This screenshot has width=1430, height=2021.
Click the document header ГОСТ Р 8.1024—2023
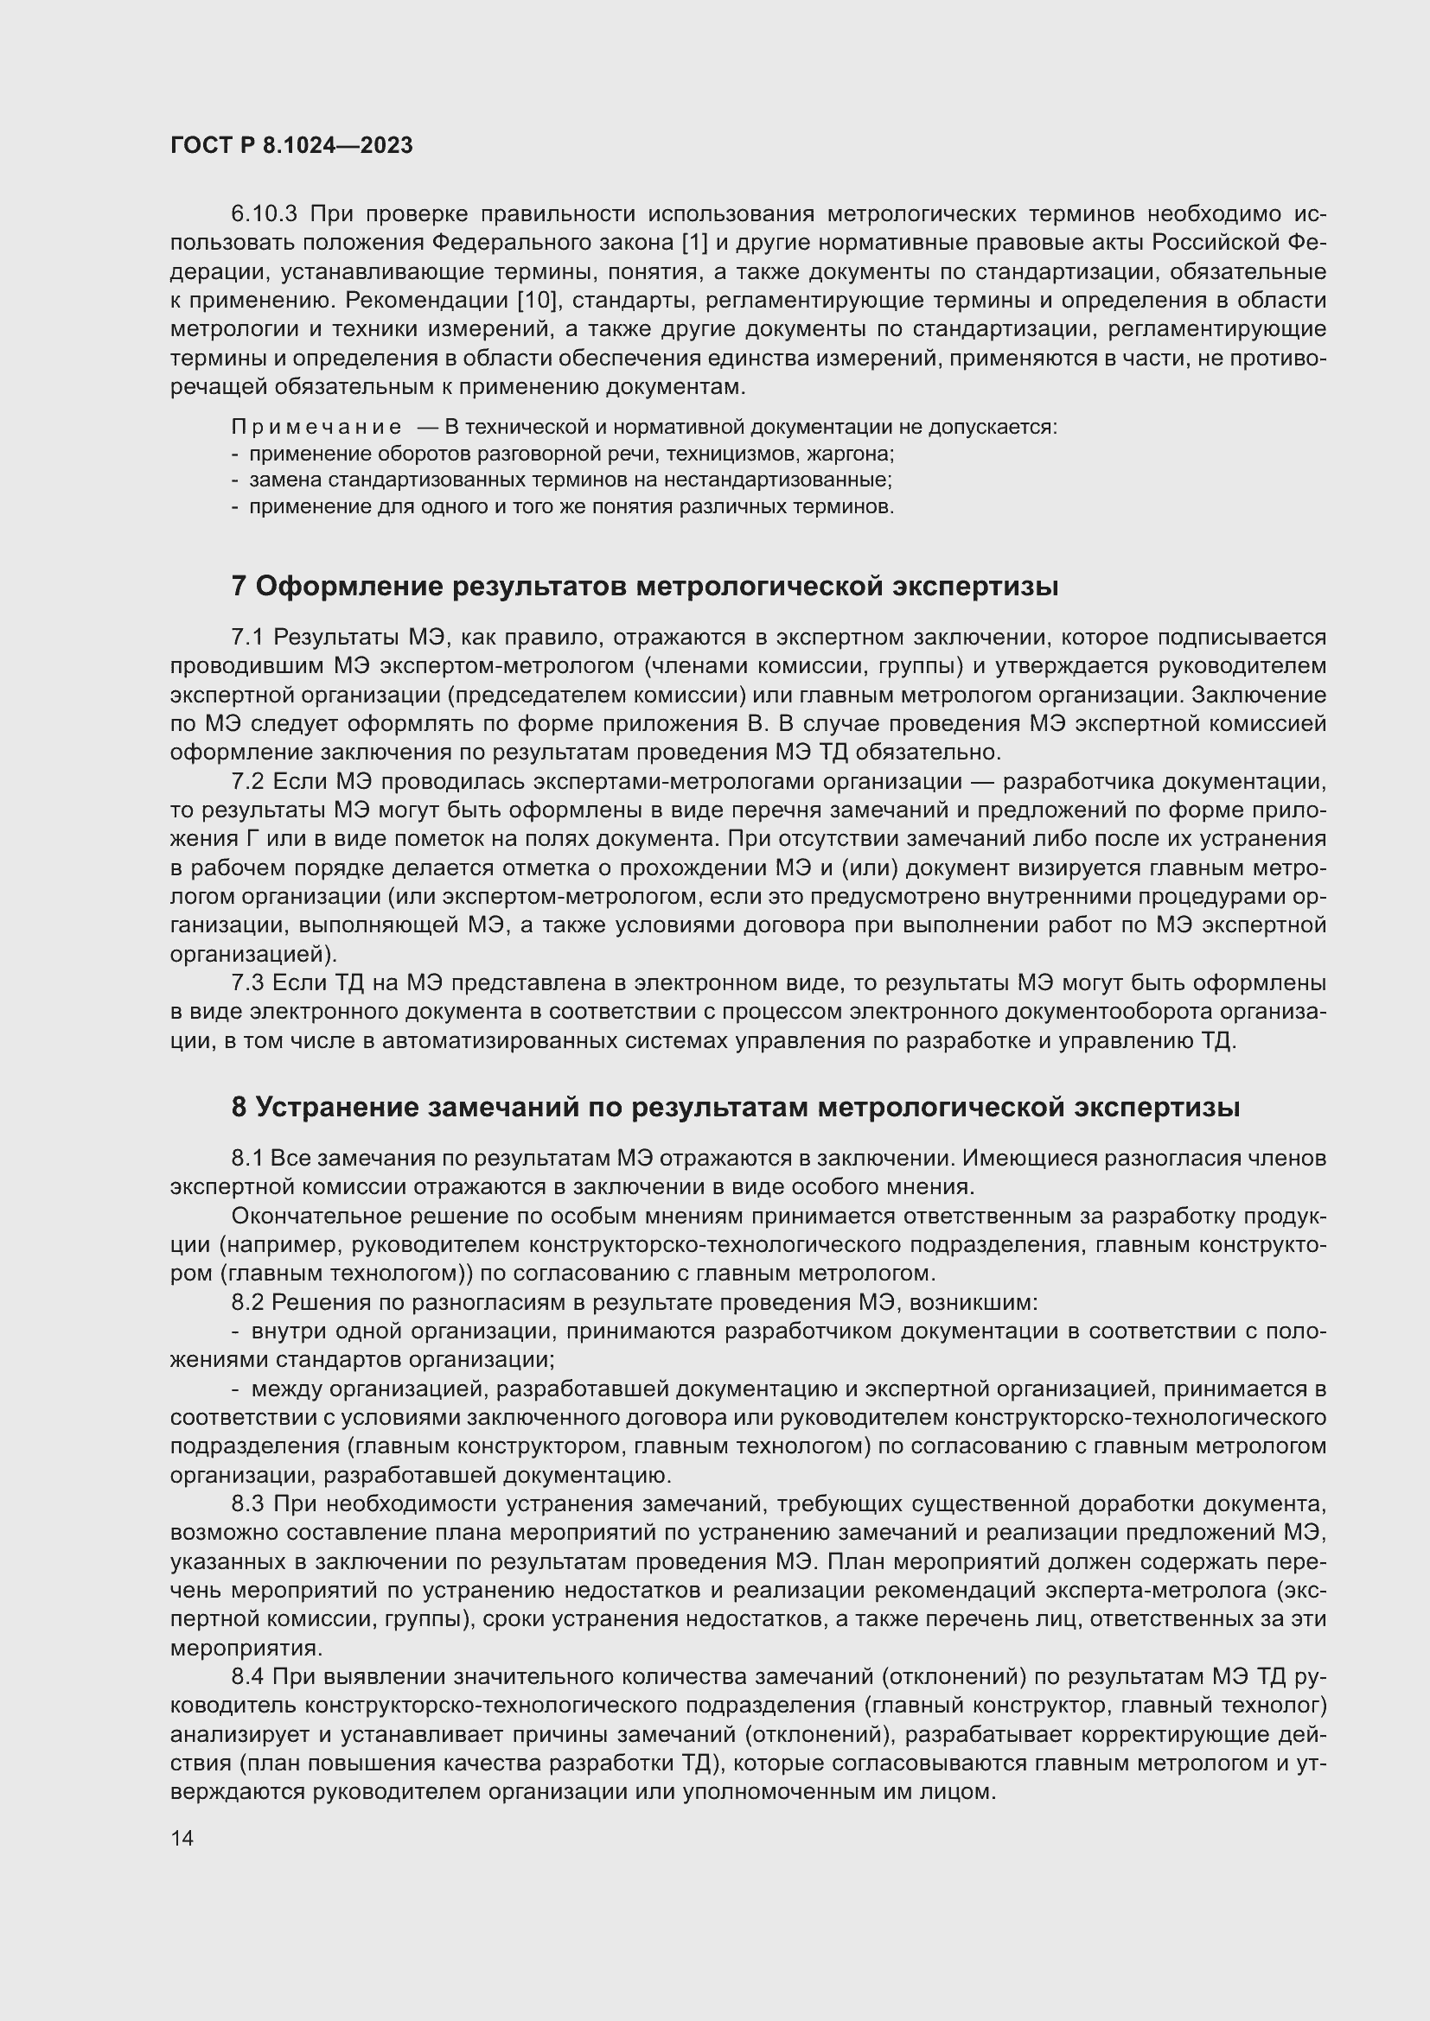(x=291, y=146)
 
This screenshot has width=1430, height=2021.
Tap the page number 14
(x=182, y=1838)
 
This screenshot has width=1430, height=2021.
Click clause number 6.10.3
(x=265, y=214)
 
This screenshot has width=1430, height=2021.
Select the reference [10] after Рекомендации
(x=538, y=301)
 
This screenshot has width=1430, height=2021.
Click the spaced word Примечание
(x=316, y=428)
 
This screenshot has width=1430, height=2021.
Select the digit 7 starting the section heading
(x=239, y=587)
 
